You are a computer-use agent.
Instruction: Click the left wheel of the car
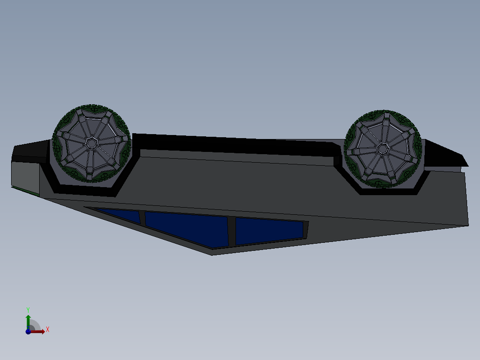(92, 143)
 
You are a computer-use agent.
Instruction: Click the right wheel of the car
(383, 149)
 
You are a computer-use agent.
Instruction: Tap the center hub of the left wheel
(92, 143)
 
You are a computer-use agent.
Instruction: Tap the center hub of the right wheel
(382, 149)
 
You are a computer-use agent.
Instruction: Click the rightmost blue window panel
(269, 230)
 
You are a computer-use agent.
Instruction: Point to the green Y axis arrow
(28, 322)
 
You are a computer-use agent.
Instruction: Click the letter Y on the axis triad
(28, 310)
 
